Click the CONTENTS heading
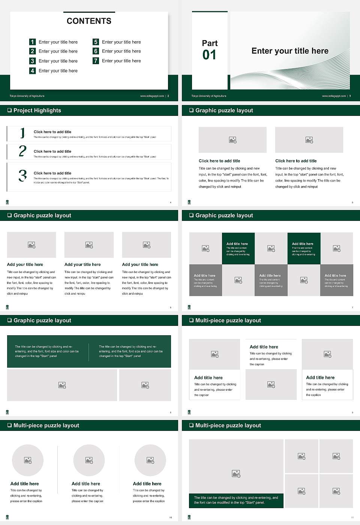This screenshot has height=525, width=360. (x=89, y=21)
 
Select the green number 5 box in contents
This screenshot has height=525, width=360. (x=96, y=42)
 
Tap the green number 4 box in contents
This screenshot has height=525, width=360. (x=32, y=70)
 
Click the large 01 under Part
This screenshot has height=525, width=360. (x=209, y=55)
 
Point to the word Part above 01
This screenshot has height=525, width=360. (x=210, y=43)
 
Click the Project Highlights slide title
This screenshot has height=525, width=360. (x=37, y=110)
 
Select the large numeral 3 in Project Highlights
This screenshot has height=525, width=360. (x=22, y=175)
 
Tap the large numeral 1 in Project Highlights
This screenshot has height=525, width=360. (x=22, y=133)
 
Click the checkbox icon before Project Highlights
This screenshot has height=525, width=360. (x=9, y=110)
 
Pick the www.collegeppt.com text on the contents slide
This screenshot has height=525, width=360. (x=152, y=96)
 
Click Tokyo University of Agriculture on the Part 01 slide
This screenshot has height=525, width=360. (x=209, y=96)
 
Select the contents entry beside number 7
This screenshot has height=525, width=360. (x=121, y=61)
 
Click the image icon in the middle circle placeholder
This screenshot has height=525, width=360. (x=89, y=460)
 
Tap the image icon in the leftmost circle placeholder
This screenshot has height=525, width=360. (x=28, y=460)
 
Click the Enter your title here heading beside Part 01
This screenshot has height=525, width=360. (x=290, y=51)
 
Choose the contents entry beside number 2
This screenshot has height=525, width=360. (x=58, y=51)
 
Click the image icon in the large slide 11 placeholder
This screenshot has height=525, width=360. (x=236, y=474)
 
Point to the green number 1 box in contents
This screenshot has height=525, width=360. (x=32, y=42)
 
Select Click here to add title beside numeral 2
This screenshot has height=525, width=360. (x=52, y=151)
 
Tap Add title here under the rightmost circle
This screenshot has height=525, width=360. (x=147, y=484)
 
